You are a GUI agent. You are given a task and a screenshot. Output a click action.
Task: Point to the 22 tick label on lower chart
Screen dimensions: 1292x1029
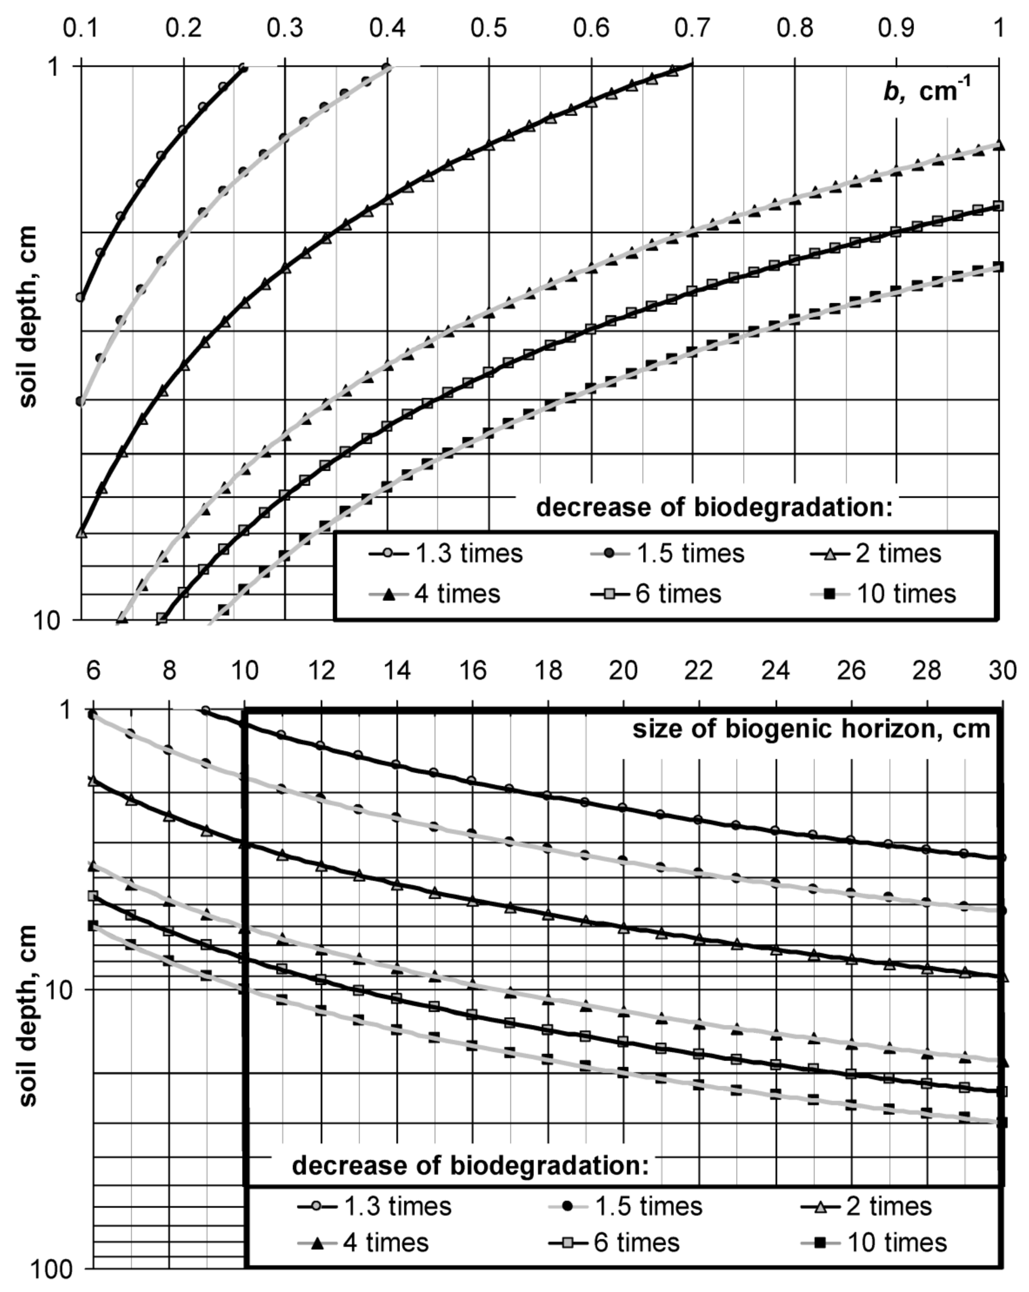(x=699, y=670)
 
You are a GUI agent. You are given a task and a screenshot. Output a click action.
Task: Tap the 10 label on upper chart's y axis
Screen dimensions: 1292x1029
(x=48, y=620)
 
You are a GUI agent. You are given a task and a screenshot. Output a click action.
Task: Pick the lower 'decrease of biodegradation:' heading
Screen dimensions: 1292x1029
(x=471, y=1166)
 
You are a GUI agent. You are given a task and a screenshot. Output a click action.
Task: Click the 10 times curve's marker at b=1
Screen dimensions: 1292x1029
(x=998, y=267)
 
